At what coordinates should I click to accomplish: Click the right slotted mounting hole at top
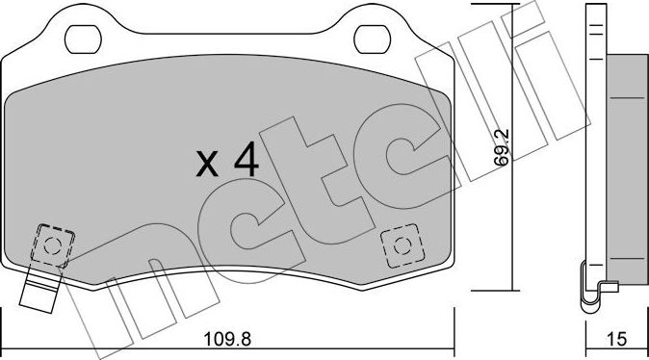pos(371,38)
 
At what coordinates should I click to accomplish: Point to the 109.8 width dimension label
pos(226,340)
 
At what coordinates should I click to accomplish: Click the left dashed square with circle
pos(52,244)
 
